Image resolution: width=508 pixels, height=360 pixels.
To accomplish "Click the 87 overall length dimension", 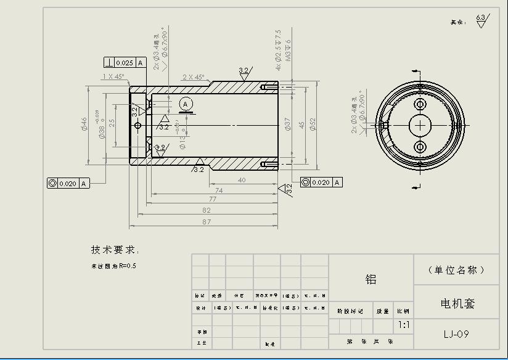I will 206,221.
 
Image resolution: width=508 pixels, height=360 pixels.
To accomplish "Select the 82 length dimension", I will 206,210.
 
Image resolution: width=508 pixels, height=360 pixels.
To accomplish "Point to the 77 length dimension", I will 212,199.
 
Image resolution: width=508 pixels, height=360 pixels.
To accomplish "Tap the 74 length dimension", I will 219,190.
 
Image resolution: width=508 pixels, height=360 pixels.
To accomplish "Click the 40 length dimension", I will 242,180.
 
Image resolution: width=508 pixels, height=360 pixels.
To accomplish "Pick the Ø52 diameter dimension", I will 313,125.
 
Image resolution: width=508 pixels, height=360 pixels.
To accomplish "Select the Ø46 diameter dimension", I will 84,125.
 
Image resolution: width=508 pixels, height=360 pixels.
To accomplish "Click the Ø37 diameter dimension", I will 287,125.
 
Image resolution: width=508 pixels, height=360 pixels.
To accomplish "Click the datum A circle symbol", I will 186,103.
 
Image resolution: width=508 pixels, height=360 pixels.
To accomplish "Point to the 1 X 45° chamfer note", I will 113,76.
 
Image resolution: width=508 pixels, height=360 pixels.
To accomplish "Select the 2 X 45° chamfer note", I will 194,78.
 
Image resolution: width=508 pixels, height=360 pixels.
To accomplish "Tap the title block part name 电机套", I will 457,303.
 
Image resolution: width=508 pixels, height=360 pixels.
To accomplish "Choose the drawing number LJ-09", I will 456,334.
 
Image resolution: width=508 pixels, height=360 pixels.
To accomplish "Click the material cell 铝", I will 371,279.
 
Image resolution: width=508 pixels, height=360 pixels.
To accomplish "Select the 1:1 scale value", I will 403,324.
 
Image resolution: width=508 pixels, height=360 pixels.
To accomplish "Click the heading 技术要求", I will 115,250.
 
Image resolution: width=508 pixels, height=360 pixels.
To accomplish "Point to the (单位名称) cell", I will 456,270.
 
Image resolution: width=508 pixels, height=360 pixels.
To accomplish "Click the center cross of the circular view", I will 420,125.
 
